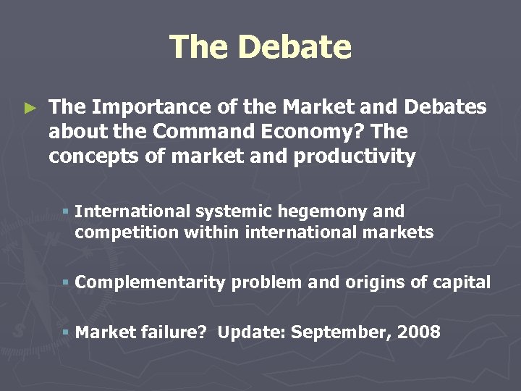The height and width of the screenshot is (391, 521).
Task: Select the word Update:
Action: [x=245, y=332]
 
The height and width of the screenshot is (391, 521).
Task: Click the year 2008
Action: [x=417, y=332]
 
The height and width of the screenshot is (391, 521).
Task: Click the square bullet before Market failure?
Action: [x=65, y=332]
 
